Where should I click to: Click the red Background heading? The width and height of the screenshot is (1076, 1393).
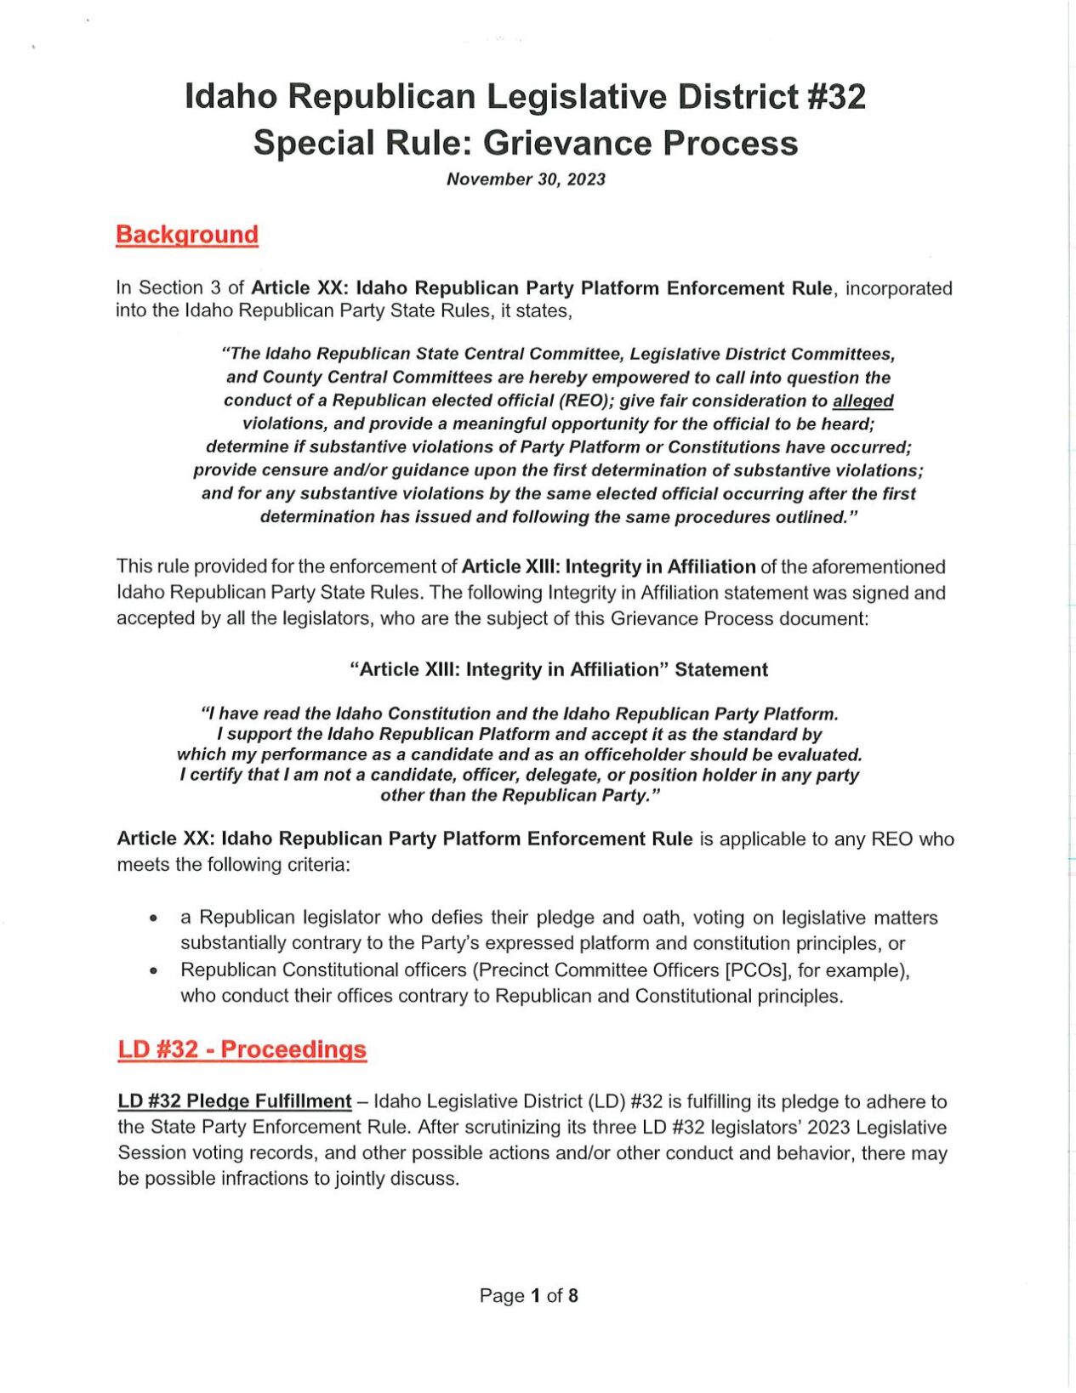click(x=186, y=235)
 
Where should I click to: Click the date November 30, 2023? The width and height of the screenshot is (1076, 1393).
click(x=526, y=179)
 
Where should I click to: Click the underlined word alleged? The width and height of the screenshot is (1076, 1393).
click(x=863, y=401)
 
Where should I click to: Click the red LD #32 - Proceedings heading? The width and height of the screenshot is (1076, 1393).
click(x=242, y=1049)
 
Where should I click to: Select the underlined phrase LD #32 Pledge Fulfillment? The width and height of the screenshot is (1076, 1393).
click(x=234, y=1101)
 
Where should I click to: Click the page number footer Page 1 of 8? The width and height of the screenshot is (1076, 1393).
click(x=528, y=1295)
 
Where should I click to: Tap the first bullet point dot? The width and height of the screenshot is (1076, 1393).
click(x=153, y=918)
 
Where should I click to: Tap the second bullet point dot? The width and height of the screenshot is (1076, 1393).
click(x=153, y=970)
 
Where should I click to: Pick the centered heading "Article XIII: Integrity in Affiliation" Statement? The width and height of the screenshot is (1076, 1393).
click(x=559, y=670)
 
